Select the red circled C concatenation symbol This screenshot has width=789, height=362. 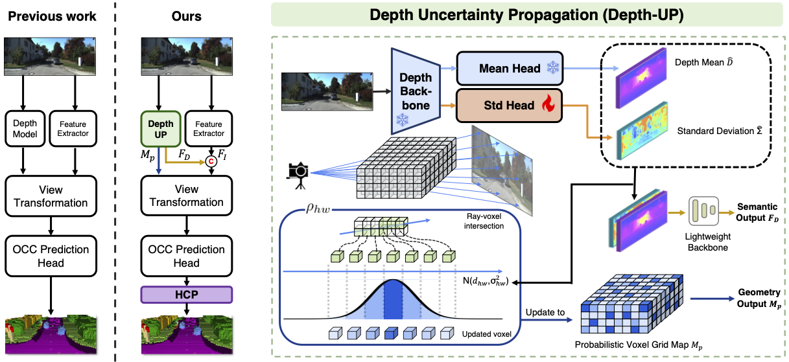(x=210, y=162)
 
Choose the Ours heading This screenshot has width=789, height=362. (x=186, y=16)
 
